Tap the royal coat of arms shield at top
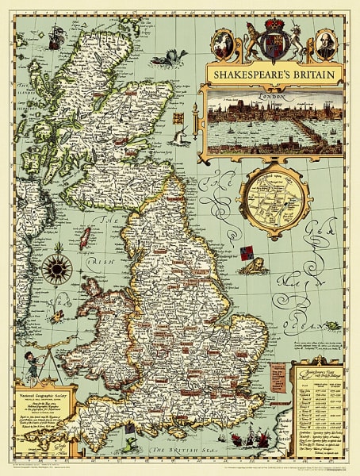click(x=273, y=40)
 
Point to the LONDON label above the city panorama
click(x=270, y=92)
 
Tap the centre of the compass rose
click(x=56, y=271)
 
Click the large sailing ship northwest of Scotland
click(x=55, y=36)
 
